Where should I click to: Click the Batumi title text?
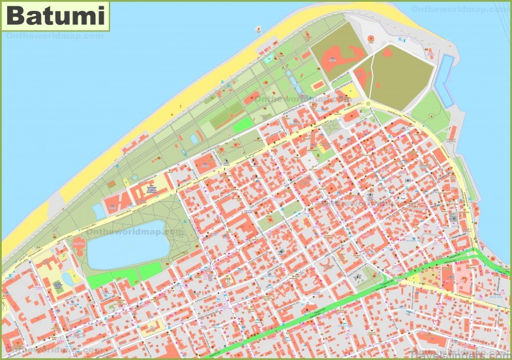(56, 16)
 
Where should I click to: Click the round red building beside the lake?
(79, 243)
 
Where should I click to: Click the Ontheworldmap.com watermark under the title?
(54, 37)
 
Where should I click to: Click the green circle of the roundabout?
(368, 104)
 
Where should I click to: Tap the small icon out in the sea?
(259, 29)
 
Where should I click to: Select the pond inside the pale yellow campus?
(67, 279)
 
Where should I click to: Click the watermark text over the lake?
(157, 232)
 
